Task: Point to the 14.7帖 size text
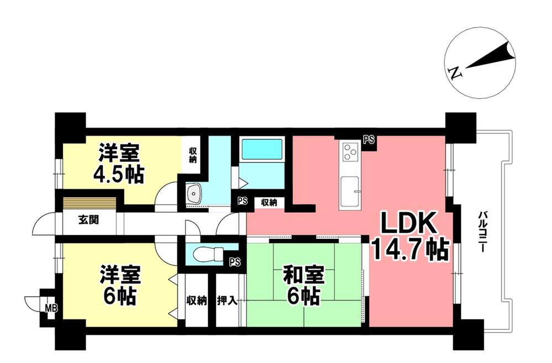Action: point(409,250)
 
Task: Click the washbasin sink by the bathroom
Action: point(194,193)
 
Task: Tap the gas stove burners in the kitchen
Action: point(351,151)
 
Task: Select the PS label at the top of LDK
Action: point(369,140)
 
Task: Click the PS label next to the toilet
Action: point(235,262)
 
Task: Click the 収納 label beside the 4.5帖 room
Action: point(193,155)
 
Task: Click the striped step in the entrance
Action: point(89,203)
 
